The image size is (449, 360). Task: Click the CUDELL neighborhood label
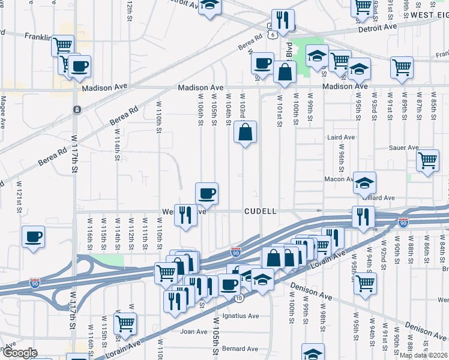tap(261, 211)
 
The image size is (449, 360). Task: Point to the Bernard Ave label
tap(240, 349)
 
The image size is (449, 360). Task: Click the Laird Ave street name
tap(341, 137)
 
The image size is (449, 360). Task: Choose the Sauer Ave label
tap(403, 148)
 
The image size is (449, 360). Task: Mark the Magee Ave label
tap(3, 114)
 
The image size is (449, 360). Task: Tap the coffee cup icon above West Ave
tap(206, 193)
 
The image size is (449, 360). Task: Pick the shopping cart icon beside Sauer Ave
tap(427, 160)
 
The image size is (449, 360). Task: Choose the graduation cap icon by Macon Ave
tap(364, 182)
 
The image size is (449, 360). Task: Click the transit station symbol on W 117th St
tap(77, 109)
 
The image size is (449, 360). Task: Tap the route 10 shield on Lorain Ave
tap(239, 298)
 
